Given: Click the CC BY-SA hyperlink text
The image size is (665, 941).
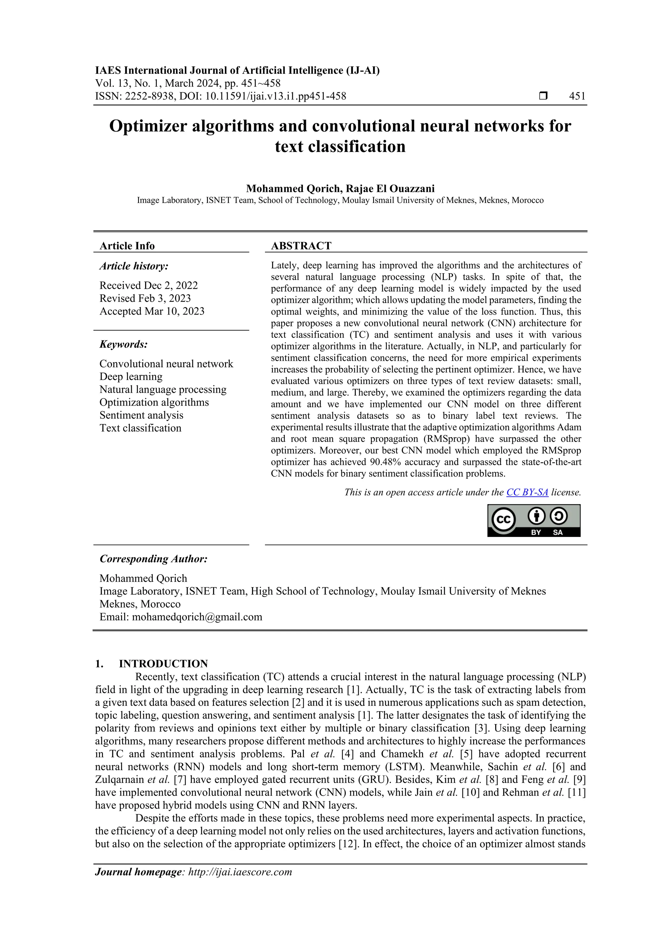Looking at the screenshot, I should coord(527,492).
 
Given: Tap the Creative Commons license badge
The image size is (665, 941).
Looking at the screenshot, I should coord(533,520).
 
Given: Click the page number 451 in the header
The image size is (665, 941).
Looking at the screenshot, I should coord(577,96).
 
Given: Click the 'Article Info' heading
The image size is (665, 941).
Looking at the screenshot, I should coord(127,246).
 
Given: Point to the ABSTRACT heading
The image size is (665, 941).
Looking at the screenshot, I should coord(301,246).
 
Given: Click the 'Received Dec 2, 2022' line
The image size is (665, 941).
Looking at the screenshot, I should coord(148,285).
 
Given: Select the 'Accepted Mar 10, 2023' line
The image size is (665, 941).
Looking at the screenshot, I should coord(152,311).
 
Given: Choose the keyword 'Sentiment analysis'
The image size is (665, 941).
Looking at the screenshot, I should coord(141,415).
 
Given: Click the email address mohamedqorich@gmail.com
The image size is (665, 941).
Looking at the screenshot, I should coord(197,617).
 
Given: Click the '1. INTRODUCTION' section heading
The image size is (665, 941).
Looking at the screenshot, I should coord(152,664).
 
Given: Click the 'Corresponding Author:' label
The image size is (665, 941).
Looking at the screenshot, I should coord(153,559).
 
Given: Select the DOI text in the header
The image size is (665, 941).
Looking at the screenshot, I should coord(263,96).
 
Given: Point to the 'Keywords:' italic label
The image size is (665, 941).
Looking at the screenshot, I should coord(123,344).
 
